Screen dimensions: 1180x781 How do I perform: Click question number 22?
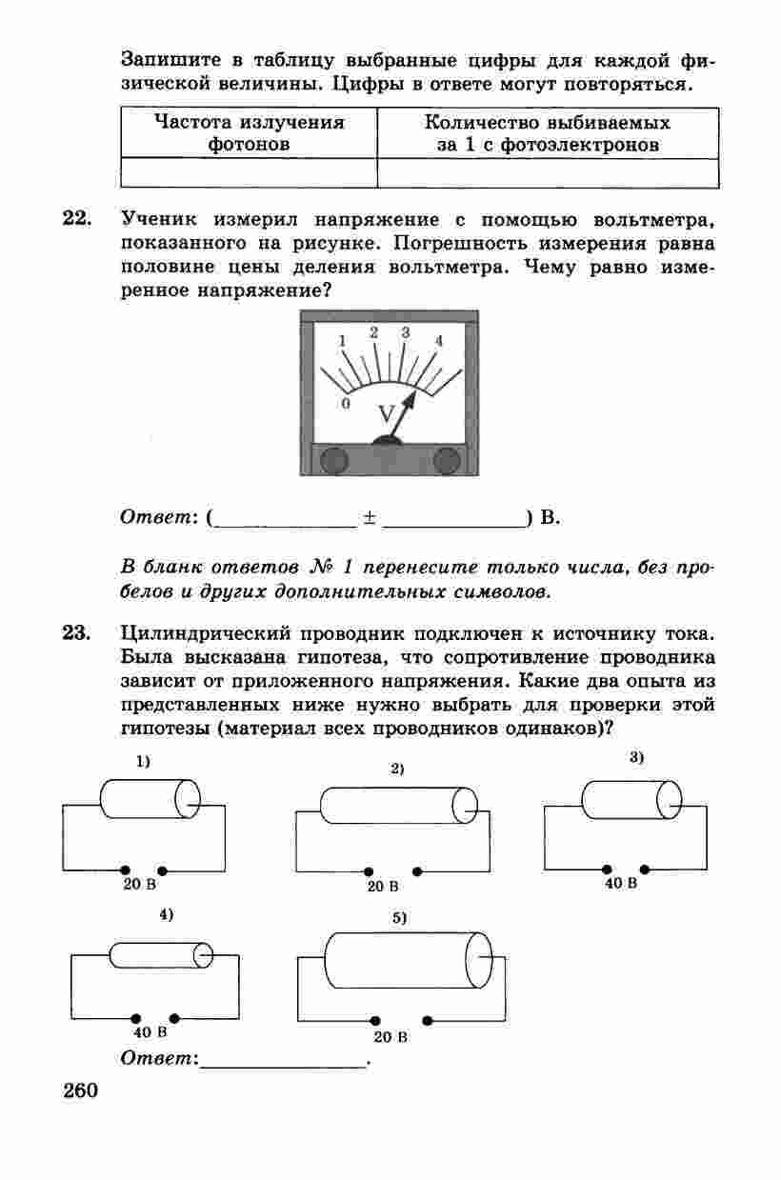pos(76,220)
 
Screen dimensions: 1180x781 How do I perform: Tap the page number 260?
pos(81,1092)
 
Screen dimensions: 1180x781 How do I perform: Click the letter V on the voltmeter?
pos(387,414)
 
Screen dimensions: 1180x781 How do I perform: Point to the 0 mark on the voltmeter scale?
pos(346,403)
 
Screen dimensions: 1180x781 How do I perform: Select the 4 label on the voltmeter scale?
pos(439,340)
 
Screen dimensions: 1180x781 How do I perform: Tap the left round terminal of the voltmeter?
pos(333,461)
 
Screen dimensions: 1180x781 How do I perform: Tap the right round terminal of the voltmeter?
pos(447,461)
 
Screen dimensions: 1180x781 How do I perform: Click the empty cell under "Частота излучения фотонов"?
pos(250,173)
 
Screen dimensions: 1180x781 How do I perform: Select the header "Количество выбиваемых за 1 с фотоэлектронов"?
pos(547,134)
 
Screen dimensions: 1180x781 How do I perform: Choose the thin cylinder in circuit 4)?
pos(160,954)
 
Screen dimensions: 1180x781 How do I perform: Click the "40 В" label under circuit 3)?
pos(621,884)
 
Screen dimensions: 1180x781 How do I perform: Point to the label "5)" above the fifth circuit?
pos(400,918)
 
